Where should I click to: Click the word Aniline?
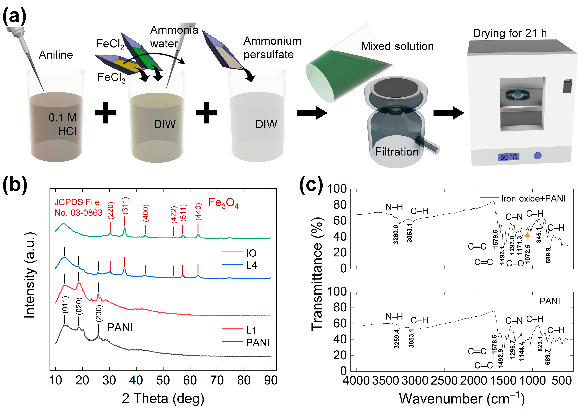(56, 55)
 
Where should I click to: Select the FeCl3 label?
(111, 77)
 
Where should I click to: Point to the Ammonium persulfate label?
(272, 48)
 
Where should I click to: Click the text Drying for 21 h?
(510, 33)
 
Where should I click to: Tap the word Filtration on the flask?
(397, 152)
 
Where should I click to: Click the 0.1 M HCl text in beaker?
(63, 124)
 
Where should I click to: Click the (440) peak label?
(198, 211)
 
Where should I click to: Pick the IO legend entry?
(251, 253)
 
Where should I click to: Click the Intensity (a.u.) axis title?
(30, 275)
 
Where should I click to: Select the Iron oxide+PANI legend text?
(533, 199)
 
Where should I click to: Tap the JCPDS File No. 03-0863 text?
(78, 207)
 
